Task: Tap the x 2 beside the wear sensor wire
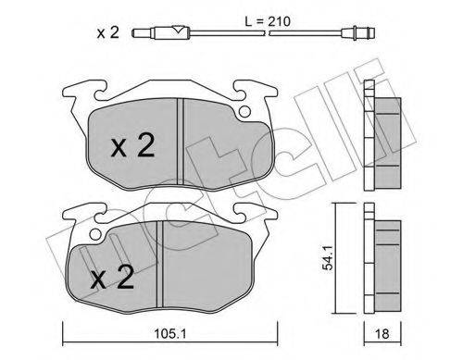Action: click(x=107, y=35)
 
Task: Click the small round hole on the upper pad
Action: click(x=245, y=114)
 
